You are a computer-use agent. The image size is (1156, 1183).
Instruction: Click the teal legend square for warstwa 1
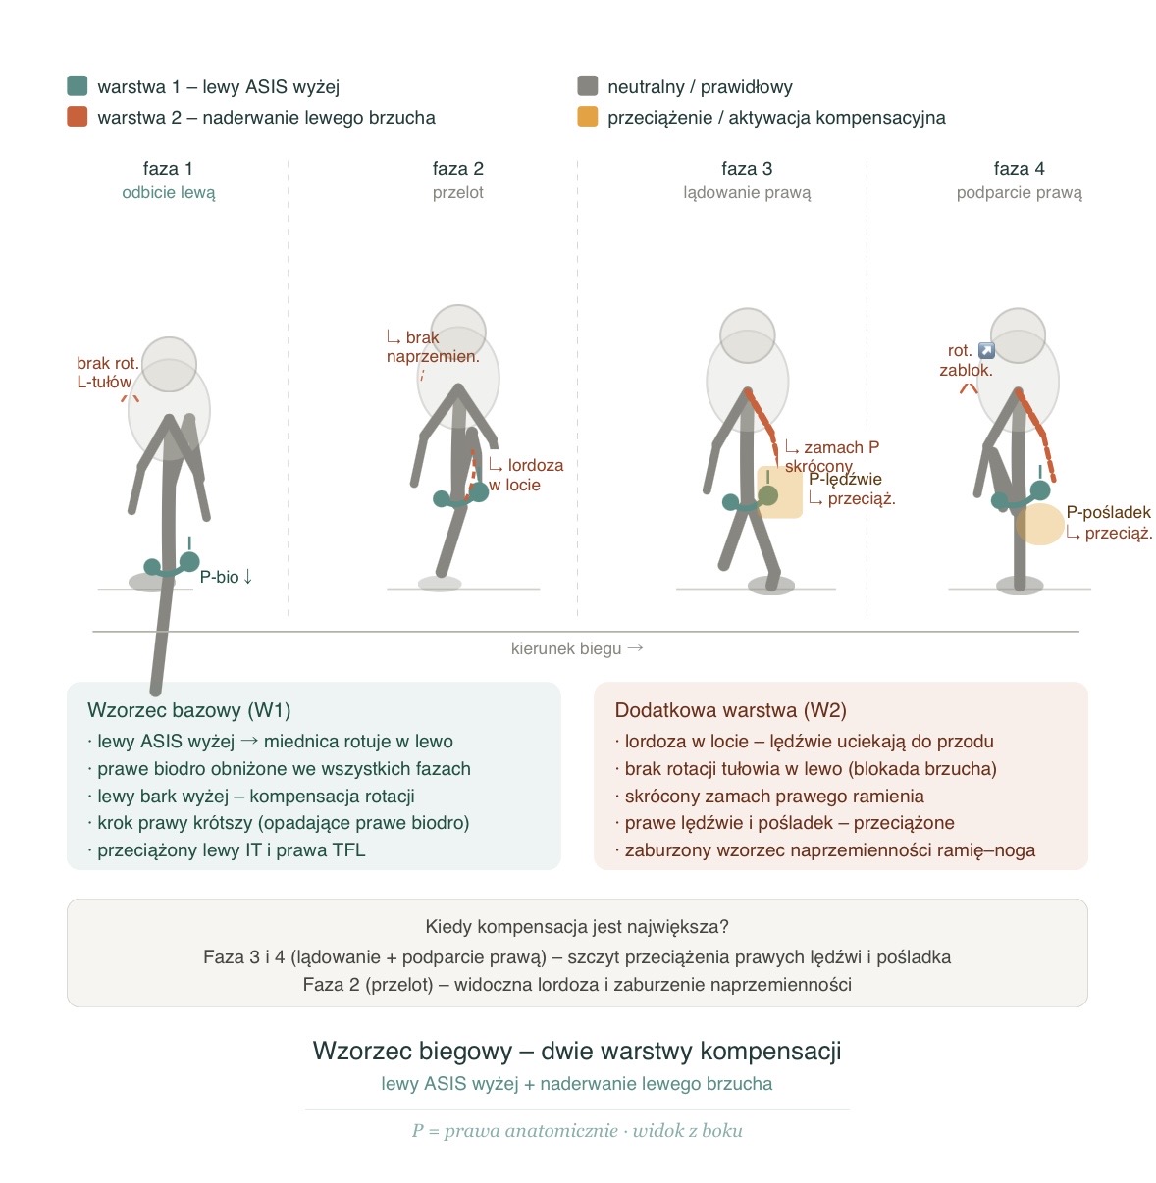pos(78,86)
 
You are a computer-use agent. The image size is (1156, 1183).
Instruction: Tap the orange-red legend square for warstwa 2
pos(78,117)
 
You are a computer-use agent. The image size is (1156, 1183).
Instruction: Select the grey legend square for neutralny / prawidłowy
pos(588,86)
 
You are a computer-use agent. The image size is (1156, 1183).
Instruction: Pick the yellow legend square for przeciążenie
pos(588,117)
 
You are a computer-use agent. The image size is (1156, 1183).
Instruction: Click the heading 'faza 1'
pos(168,168)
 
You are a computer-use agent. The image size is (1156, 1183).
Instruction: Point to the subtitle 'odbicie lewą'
pos(168,192)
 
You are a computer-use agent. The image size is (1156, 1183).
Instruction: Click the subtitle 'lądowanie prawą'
pos(747,192)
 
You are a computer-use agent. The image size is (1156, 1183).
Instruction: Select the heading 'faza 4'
pos(1019,168)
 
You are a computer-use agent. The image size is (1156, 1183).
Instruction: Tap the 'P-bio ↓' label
pos(227,577)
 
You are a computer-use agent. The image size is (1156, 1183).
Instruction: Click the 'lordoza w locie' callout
pos(527,475)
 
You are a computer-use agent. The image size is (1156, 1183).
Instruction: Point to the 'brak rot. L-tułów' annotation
pos(107,373)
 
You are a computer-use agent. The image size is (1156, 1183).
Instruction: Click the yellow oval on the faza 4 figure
pos(1039,524)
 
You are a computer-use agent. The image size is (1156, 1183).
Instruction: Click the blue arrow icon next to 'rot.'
pos(986,350)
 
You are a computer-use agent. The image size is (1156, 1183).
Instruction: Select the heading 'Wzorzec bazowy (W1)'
pos(188,710)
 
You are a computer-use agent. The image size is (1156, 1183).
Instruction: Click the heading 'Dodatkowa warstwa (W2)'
pos(730,710)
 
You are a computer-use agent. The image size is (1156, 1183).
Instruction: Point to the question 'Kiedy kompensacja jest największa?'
pos(577,926)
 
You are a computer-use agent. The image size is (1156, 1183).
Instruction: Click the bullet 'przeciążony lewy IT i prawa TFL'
pos(231,850)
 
